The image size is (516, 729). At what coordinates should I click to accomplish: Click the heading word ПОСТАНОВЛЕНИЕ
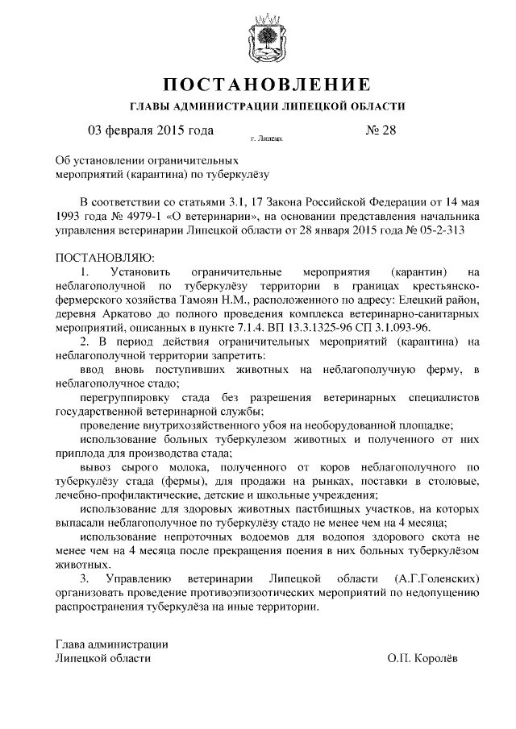point(268,85)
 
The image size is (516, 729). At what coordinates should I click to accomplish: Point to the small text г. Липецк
point(266,139)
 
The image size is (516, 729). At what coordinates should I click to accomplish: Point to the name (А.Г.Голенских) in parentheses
point(438,579)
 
